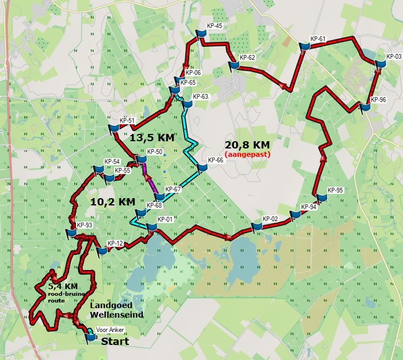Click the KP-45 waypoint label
pos(214,26)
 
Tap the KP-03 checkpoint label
pos(394,56)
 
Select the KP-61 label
pos(318,39)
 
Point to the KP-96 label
pos(378,100)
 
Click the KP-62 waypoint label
pos(247,57)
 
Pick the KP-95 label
pos(335,190)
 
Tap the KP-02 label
pos(270,218)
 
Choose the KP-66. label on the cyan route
pos(215,160)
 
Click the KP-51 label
pos(127,121)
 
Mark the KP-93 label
pos(84,225)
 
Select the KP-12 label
pos(115,243)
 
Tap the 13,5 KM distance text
pos(152,138)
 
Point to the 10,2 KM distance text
pos(112,201)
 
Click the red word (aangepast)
pos(247,154)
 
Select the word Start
pos(114,341)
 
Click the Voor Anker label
pos(109,330)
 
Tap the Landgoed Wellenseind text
pos(116,310)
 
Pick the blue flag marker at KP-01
pos(150,226)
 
